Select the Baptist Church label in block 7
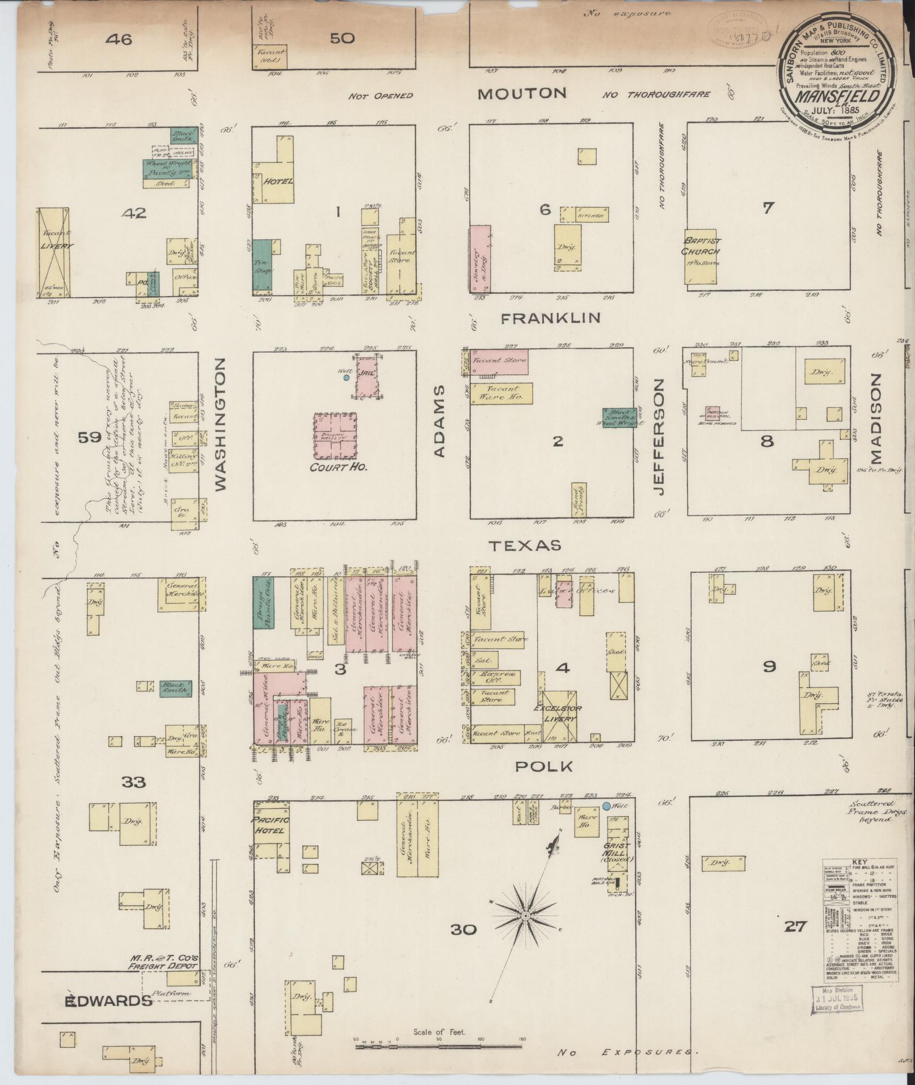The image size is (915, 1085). click(x=701, y=247)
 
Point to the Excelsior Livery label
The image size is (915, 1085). click(x=559, y=714)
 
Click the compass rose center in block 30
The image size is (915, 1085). click(x=526, y=915)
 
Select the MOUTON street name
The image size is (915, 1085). click(x=522, y=94)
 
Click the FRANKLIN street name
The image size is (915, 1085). click(x=550, y=318)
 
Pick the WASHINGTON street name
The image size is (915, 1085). click(x=222, y=424)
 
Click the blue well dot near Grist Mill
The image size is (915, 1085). click(x=606, y=806)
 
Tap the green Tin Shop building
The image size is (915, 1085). click(x=262, y=264)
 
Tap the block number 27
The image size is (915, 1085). click(x=795, y=927)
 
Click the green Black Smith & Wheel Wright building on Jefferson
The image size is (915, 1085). click(x=619, y=417)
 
